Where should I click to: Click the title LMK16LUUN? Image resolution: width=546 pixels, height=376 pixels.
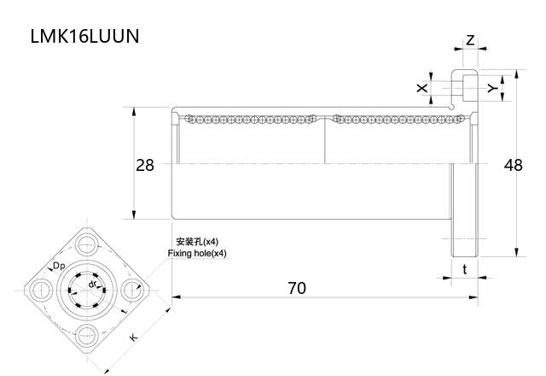point(84,37)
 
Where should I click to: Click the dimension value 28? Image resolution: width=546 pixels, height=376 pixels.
point(145,166)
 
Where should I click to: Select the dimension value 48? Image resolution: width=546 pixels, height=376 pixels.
point(513,166)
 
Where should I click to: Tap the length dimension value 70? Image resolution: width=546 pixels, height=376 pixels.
point(295,288)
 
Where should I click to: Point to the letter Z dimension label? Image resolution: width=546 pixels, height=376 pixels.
point(470,40)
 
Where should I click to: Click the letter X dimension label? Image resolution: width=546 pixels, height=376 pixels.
point(420,88)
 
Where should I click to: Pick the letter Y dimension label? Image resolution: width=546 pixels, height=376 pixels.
point(491,88)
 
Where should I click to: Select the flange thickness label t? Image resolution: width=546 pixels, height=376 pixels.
point(464,269)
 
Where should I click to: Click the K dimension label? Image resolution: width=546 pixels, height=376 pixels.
point(133,338)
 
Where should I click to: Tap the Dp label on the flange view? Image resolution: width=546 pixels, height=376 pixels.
point(60,267)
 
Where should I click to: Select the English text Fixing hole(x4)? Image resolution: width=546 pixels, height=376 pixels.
point(198,254)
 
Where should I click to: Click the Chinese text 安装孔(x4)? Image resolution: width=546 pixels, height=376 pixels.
point(197,242)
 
